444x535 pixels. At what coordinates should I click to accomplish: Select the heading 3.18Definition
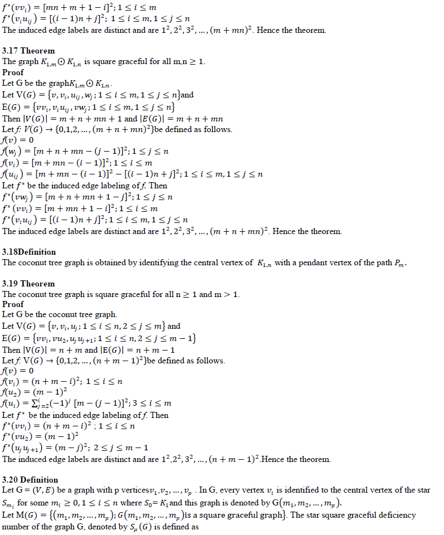tap(29, 252)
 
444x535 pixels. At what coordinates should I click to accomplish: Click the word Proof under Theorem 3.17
tap(13, 72)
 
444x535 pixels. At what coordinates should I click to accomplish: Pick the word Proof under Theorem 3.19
tap(13, 304)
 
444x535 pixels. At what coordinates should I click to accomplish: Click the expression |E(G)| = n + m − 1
tap(130, 350)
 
